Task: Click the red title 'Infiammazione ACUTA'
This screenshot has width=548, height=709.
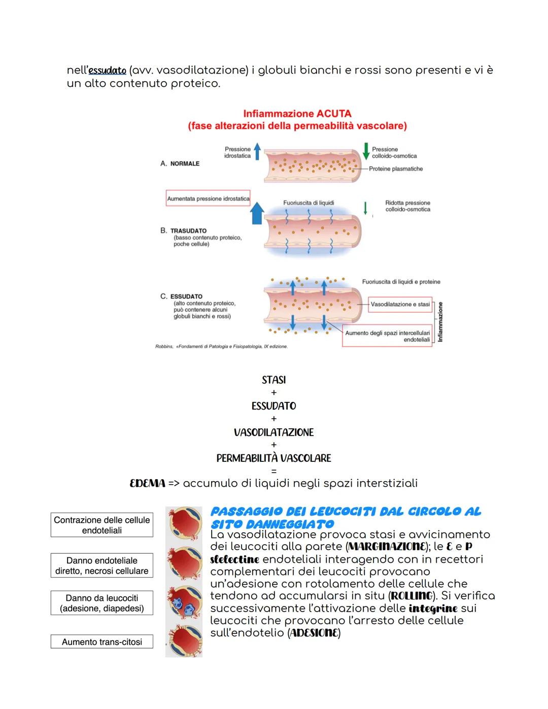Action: click(297, 114)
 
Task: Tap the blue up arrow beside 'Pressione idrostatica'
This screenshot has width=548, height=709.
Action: click(257, 151)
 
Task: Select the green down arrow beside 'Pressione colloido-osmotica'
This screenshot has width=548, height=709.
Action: click(366, 151)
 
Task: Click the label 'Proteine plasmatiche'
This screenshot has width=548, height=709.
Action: click(396, 169)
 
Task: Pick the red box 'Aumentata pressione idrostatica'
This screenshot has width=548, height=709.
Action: click(208, 198)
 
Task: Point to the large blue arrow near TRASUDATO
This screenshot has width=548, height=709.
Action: click(257, 213)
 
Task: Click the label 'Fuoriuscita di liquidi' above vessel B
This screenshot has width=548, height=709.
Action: click(309, 203)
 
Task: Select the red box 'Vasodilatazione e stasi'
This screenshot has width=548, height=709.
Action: click(400, 305)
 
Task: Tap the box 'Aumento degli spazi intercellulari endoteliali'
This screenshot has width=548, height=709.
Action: click(387, 336)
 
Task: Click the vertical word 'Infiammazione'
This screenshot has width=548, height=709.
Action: click(440, 322)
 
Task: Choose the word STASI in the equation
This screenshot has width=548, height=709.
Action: click(273, 380)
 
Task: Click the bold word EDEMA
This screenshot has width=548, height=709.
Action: click(148, 483)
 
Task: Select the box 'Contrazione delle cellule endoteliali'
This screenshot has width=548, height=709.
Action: click(102, 525)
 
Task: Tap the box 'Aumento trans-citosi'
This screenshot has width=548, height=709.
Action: click(102, 642)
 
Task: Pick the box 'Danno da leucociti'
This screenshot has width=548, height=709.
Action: click(102, 603)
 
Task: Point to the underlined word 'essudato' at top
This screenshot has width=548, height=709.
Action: click(107, 70)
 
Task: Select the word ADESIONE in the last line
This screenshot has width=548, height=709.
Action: click(314, 633)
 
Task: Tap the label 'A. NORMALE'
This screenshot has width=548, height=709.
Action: click(180, 163)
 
